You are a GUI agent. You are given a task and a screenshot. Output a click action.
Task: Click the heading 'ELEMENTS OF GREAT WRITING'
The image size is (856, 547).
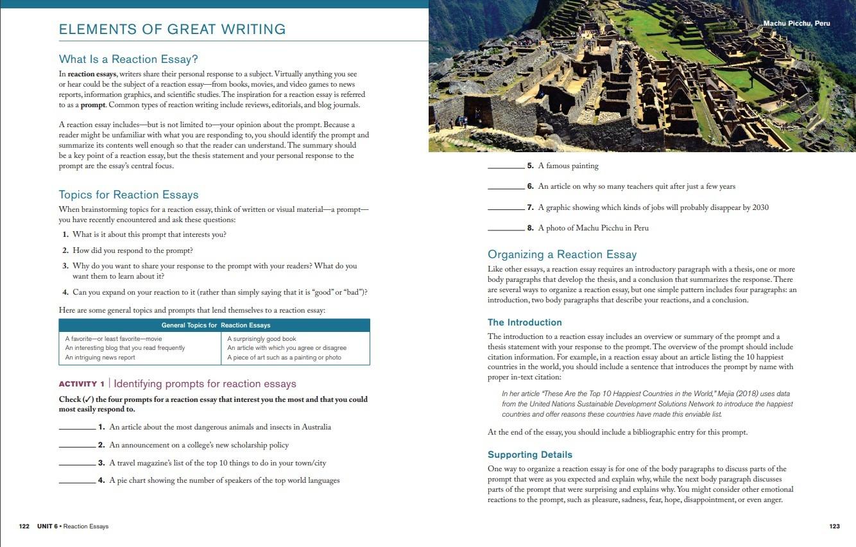(x=172, y=30)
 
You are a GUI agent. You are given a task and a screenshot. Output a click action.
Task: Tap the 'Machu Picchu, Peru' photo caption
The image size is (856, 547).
(x=796, y=24)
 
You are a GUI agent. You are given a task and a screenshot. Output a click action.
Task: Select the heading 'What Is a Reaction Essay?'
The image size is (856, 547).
(x=128, y=60)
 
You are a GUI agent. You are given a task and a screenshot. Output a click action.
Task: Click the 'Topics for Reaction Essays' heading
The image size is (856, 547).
(x=128, y=195)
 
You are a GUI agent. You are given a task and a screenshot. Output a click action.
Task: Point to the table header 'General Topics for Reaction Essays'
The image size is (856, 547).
(x=216, y=326)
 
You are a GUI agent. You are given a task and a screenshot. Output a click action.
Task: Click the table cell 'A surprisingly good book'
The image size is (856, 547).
(x=262, y=339)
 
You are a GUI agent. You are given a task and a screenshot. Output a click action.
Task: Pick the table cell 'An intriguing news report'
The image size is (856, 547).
(x=100, y=358)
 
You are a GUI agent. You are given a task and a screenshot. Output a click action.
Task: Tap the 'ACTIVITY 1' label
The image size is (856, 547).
(x=81, y=384)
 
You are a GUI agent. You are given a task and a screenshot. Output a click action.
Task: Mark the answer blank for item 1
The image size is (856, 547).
(x=77, y=428)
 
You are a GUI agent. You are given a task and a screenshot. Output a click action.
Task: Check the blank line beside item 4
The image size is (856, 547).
(x=77, y=482)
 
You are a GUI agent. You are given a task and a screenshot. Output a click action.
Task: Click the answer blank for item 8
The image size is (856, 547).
(x=506, y=229)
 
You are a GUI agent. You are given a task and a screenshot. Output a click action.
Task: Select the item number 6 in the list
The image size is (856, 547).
(x=530, y=187)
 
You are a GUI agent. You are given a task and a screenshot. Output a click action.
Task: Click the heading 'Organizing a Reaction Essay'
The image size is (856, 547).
(x=562, y=254)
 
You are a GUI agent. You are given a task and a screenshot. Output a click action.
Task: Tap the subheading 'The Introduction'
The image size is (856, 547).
(x=524, y=322)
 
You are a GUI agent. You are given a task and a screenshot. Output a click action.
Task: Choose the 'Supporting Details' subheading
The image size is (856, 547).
(x=529, y=455)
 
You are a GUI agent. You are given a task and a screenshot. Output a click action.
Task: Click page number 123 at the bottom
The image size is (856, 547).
(x=834, y=526)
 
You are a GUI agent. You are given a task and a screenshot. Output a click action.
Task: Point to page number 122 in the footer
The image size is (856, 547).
(x=24, y=526)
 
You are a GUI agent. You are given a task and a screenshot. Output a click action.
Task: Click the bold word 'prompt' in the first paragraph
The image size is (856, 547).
(x=93, y=105)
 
